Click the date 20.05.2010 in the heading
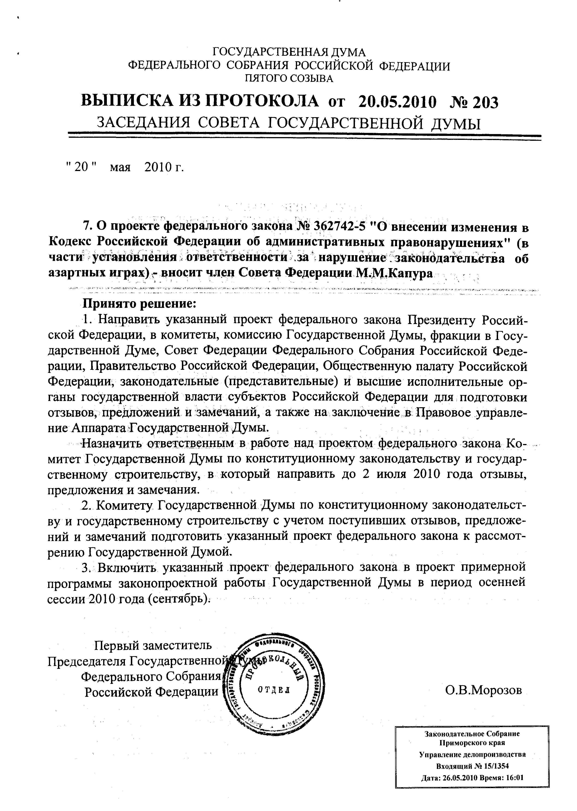[x=397, y=102]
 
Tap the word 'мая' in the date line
[x=120, y=167]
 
